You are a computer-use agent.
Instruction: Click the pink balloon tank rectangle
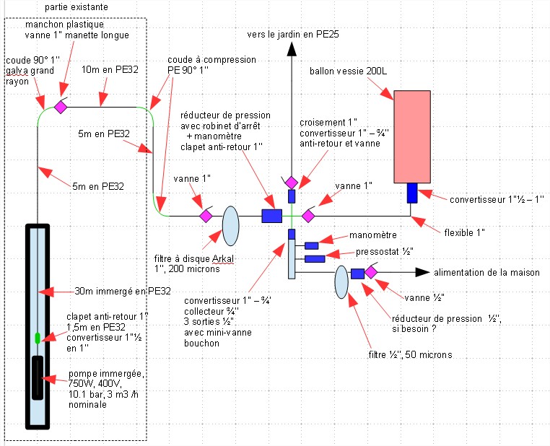pyautogui.click(x=411, y=136)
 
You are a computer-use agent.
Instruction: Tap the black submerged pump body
pyautogui.click(x=37, y=377)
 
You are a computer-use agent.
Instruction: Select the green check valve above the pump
pyautogui.click(x=37, y=337)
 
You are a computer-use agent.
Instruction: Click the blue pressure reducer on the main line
pyautogui.click(x=271, y=215)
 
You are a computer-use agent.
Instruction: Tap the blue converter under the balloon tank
pyautogui.click(x=412, y=193)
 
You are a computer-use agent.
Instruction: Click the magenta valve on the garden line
pyautogui.click(x=291, y=182)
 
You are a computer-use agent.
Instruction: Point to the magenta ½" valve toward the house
pyautogui.click(x=371, y=272)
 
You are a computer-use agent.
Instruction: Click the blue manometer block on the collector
pyautogui.click(x=312, y=246)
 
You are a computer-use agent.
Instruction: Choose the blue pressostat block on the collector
pyautogui.click(x=314, y=258)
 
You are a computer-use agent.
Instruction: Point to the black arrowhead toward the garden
pyautogui.click(x=292, y=49)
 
